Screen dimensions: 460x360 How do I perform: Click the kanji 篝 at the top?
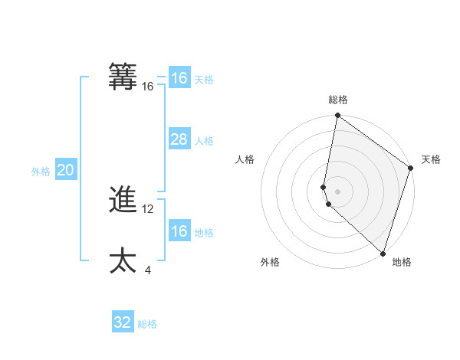pos(124,77)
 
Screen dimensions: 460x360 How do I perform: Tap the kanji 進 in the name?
pos(124,201)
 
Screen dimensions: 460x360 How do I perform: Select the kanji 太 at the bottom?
pos(123,260)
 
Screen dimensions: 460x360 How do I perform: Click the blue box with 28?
pos(179,139)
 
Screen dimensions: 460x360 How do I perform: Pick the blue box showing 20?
pos(65,171)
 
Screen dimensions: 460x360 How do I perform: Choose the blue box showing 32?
pos(123,322)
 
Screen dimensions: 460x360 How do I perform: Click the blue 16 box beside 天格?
pos(179,78)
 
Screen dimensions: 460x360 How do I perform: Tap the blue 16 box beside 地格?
pos(179,232)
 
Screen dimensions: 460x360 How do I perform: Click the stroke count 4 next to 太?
pos(147,270)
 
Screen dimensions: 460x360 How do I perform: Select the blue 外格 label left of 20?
pos(41,172)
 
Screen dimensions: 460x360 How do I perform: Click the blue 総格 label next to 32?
pos(147,324)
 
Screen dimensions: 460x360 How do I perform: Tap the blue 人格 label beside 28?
pos(204,141)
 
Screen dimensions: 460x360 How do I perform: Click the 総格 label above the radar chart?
pos(338,100)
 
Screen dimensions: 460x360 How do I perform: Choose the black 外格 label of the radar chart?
pos(270,262)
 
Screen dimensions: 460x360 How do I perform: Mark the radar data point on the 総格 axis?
pos(337,116)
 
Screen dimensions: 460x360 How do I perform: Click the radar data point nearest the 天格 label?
pos(411,169)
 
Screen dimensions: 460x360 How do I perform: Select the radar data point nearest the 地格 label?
pos(383,254)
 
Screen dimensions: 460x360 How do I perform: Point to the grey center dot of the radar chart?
pos(337,191)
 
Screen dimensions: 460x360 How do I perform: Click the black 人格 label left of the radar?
pos(245,159)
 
